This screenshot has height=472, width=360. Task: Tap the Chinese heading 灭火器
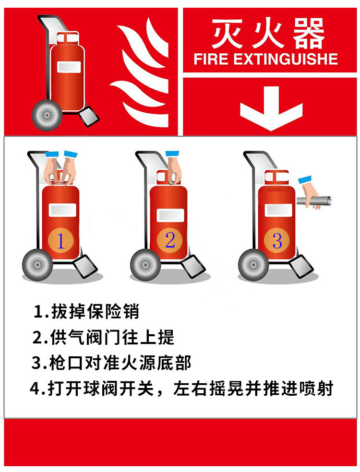268,34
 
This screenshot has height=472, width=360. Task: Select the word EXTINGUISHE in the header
286,59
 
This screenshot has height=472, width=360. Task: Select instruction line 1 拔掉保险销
86,311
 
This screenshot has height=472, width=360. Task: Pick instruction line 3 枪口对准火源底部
112,363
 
